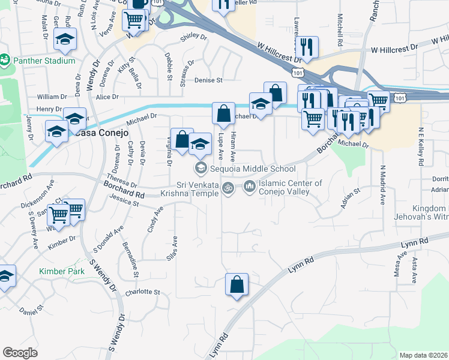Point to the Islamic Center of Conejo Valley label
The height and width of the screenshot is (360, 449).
(291, 188)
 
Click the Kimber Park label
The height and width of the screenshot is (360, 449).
(61, 271)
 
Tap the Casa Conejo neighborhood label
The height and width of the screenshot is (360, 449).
(102, 133)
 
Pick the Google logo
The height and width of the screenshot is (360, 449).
(20, 353)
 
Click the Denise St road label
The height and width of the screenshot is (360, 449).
(208, 80)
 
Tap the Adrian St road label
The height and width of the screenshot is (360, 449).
(349, 199)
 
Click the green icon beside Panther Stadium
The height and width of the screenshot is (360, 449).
(5, 60)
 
